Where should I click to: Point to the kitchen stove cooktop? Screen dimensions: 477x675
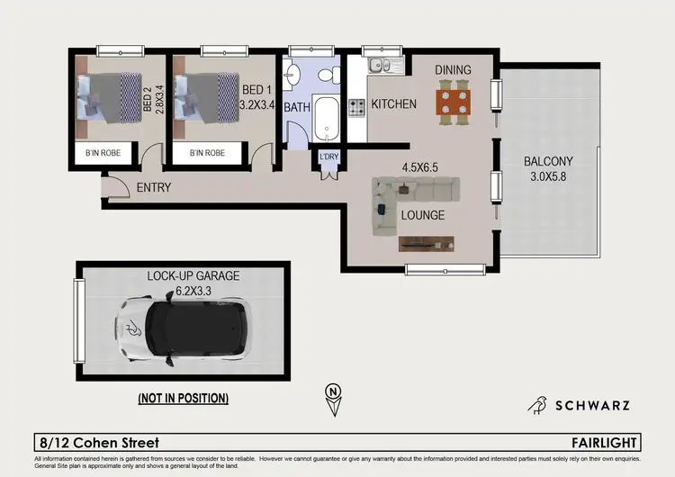tap(357, 107)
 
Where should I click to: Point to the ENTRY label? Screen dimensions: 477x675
tap(154, 188)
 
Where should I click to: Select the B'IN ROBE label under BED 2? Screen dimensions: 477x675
tap(109, 154)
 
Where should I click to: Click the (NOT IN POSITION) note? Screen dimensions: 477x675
tap(183, 397)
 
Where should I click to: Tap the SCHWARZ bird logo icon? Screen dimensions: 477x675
tap(539, 405)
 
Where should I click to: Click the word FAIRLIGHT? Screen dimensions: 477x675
tap(607, 443)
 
